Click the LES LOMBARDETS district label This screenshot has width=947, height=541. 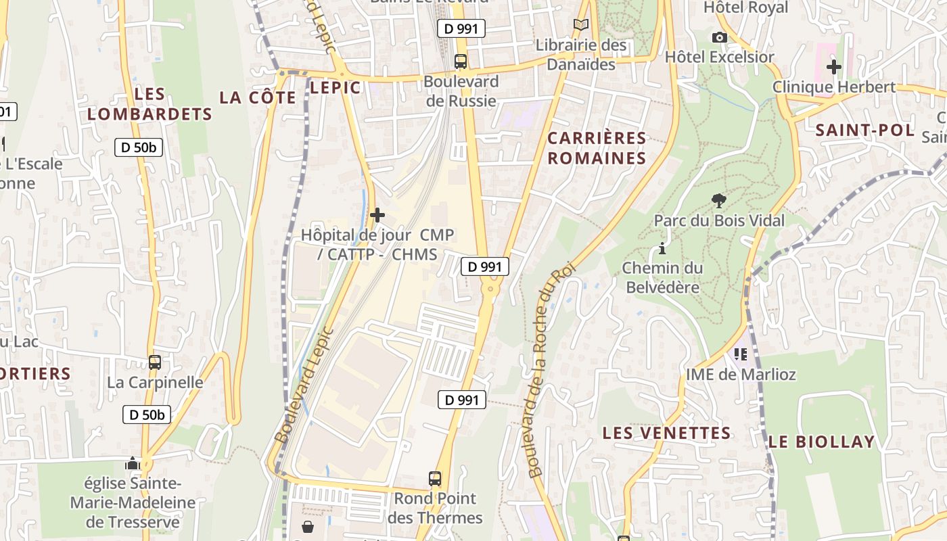point(149,104)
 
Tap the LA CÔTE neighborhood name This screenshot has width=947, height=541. point(258,97)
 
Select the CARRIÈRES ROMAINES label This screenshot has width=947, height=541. point(597,148)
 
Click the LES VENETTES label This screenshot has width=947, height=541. point(666,433)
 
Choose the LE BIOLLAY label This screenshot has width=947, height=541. point(821,442)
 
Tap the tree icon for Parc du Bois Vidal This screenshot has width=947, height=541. point(718,200)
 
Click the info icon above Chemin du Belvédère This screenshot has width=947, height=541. point(662,248)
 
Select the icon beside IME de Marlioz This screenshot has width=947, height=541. point(741,354)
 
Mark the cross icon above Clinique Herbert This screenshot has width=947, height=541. point(833,67)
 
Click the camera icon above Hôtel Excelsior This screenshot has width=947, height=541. point(719,37)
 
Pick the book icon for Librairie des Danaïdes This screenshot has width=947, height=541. point(580,25)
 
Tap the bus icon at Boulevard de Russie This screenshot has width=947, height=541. point(461,62)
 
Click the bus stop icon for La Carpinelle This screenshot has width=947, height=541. point(155,362)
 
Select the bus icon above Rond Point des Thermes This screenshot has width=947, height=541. point(435,479)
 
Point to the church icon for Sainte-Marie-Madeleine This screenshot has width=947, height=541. point(133,463)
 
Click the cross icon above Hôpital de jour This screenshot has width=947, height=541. point(377,215)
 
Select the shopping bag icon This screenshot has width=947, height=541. point(308,526)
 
